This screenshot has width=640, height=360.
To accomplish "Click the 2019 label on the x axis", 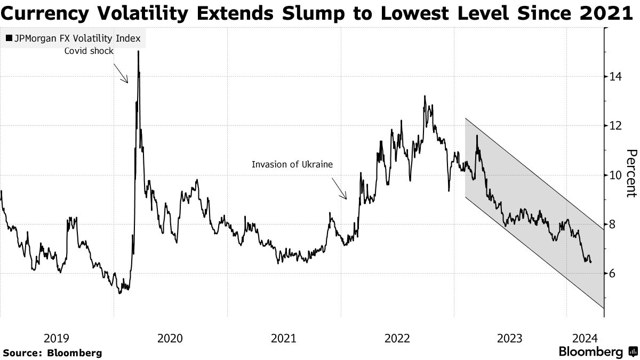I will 57,338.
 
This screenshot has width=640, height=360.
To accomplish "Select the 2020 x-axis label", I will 170,338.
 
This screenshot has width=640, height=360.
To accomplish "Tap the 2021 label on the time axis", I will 284,338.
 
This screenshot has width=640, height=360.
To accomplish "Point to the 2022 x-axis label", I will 397,338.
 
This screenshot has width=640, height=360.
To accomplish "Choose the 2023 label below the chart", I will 510,338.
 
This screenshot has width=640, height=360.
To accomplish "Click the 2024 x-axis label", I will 584,338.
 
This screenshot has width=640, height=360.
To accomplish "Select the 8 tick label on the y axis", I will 614,224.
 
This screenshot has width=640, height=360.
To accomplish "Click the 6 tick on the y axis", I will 614,273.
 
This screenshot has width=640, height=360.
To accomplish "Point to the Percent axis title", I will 631,173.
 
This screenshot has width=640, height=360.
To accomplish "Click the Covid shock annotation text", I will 89,51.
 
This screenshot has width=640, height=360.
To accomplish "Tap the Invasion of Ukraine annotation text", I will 292,164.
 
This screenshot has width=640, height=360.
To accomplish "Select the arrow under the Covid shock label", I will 121,73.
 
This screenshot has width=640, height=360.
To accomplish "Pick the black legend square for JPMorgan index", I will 9,38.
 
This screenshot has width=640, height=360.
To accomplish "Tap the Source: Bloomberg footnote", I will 52,353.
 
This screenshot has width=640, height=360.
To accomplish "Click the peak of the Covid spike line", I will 138,51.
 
